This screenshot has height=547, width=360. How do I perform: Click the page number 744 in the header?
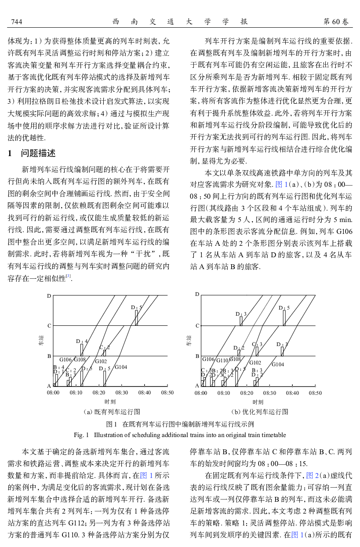coord(16,22)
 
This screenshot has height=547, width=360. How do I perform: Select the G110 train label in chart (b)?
coord(222,361)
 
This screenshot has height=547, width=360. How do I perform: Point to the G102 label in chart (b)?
coord(255,363)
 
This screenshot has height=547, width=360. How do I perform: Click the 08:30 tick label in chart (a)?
coord(122,393)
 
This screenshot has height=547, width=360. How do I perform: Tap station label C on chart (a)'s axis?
coord(49,326)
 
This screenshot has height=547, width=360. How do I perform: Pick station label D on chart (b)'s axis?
coord(197,294)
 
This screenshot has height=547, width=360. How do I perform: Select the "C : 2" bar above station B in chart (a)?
coord(105,353)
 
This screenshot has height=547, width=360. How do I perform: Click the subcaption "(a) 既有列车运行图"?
coord(112,412)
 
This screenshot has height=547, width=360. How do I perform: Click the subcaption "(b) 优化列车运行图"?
coord(260,412)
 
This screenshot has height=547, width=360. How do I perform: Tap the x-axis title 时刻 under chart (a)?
coord(110,402)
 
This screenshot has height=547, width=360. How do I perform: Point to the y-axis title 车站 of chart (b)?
coord(189,339)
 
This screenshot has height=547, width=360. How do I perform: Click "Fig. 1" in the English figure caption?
coord(82,435)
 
